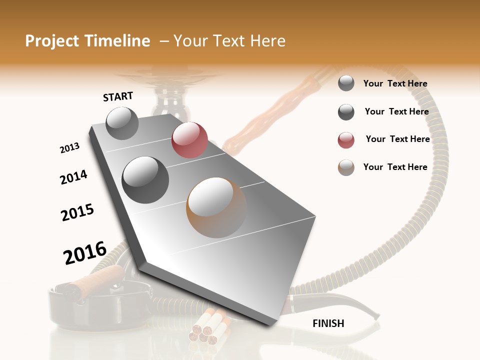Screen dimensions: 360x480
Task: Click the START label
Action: tap(118, 96)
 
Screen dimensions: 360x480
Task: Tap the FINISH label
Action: tap(328, 323)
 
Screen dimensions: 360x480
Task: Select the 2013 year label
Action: tap(69, 148)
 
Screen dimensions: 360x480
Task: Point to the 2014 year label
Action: tap(73, 177)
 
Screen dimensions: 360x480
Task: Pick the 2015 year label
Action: tap(77, 212)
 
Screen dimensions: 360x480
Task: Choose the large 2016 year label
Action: tap(85, 252)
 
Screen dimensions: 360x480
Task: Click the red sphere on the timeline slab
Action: tap(189, 139)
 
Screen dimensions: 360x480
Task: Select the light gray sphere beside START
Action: tap(122, 123)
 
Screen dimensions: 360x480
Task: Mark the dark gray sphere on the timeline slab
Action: tap(145, 179)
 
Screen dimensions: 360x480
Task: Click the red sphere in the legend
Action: tap(346, 140)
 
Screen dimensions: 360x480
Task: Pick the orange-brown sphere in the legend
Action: tap(346, 167)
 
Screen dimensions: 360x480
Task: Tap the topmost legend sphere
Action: tap(346, 83)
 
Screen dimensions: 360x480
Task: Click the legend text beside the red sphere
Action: tap(397, 139)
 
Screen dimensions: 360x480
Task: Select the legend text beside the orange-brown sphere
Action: tap(395, 167)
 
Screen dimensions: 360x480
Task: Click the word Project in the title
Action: tap(52, 41)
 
